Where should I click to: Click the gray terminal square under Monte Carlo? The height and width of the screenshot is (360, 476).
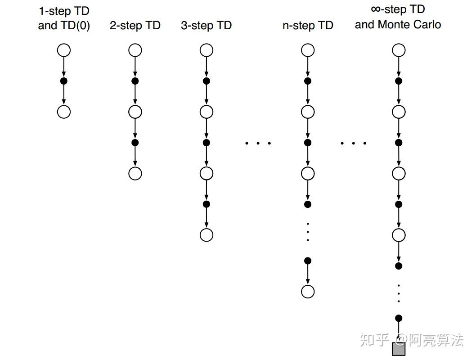click(x=399, y=349)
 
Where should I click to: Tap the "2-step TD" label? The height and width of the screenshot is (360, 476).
click(x=135, y=26)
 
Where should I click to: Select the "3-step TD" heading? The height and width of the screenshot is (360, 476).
click(x=206, y=26)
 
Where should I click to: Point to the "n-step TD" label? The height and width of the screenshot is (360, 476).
click(x=308, y=26)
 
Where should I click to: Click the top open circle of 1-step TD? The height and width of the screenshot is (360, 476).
click(x=64, y=50)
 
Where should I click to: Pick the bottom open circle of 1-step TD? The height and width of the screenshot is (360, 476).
click(x=64, y=112)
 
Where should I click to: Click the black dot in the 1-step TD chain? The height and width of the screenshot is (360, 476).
click(x=64, y=81)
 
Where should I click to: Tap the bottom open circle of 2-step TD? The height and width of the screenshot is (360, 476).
click(x=135, y=173)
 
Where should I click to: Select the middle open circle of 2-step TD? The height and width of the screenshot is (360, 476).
click(x=135, y=112)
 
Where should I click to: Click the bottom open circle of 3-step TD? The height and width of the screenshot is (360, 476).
click(x=206, y=235)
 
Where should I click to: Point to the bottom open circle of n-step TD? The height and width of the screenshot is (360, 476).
click(x=308, y=292)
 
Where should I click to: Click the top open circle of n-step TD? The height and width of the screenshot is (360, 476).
click(x=308, y=50)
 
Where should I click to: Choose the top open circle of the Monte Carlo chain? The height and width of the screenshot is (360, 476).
click(x=399, y=50)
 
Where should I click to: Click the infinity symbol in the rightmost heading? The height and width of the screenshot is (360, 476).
click(x=376, y=9)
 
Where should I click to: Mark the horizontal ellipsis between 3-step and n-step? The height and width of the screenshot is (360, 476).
click(x=258, y=144)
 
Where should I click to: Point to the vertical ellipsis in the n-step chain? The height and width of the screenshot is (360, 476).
click(x=308, y=232)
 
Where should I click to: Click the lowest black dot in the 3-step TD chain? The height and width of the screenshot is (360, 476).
click(x=206, y=204)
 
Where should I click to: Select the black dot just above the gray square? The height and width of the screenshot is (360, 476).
click(x=399, y=319)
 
